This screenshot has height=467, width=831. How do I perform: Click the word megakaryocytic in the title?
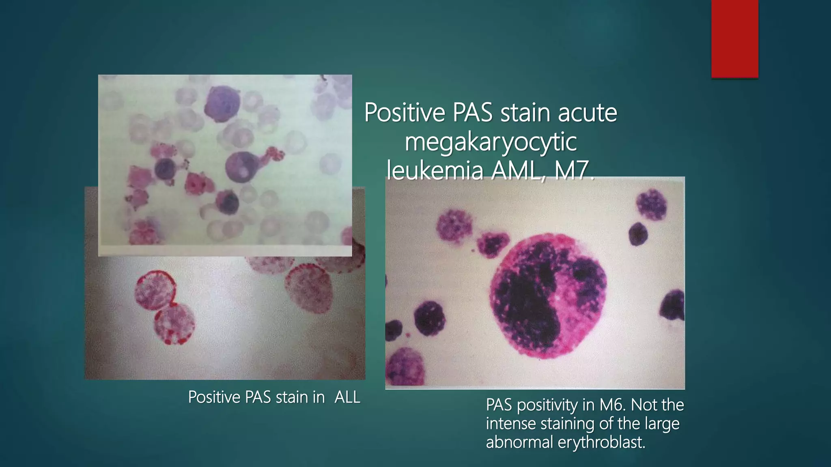491,142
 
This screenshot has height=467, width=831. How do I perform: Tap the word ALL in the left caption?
347,397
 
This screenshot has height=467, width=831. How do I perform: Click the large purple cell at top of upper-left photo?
222,103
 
